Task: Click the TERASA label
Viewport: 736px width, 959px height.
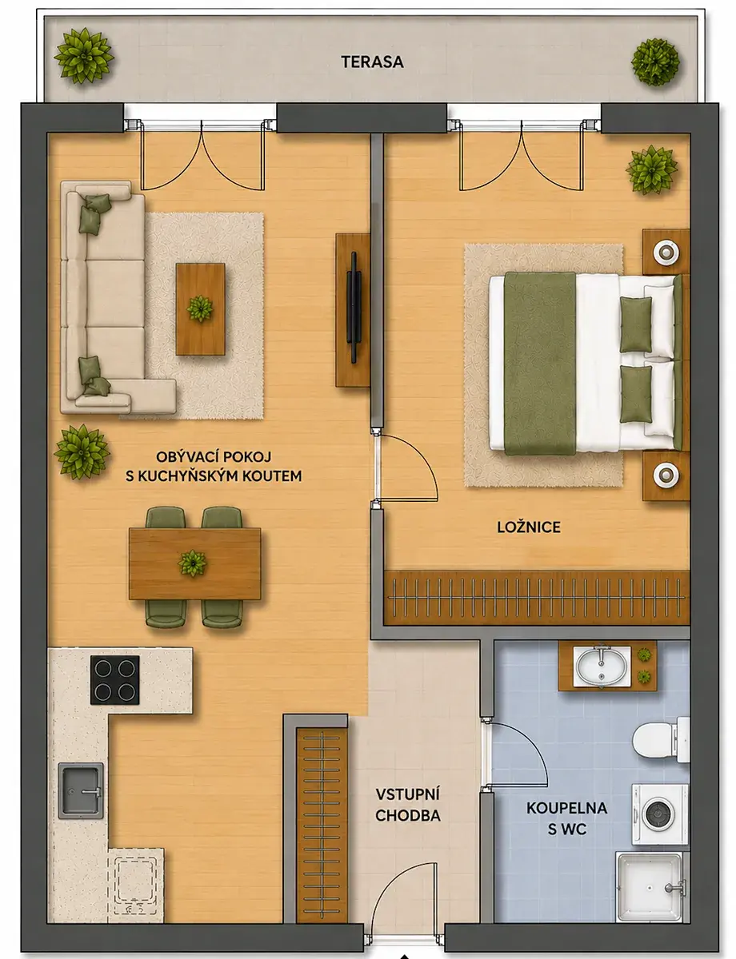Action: (372, 62)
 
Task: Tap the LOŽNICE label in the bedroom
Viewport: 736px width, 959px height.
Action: (528, 527)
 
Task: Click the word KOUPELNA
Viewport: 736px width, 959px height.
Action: (566, 809)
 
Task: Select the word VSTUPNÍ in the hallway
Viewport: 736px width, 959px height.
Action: (407, 795)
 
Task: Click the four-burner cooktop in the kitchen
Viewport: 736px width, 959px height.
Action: (115, 680)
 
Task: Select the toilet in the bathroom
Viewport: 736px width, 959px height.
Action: (661, 740)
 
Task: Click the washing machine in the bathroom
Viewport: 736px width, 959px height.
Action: (660, 814)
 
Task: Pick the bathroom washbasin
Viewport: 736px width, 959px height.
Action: (602, 666)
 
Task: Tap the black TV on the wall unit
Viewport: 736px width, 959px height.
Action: (354, 307)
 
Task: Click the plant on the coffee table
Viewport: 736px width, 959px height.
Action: (200, 308)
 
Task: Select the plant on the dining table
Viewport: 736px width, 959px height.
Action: (193, 563)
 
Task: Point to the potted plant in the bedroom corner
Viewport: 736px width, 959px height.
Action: (651, 170)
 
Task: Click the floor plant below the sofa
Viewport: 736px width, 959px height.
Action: (82, 452)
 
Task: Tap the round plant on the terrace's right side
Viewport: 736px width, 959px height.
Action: (654, 62)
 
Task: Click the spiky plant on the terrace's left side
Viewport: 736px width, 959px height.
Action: (84, 56)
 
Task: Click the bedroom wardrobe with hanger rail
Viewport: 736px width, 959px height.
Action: (536, 598)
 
